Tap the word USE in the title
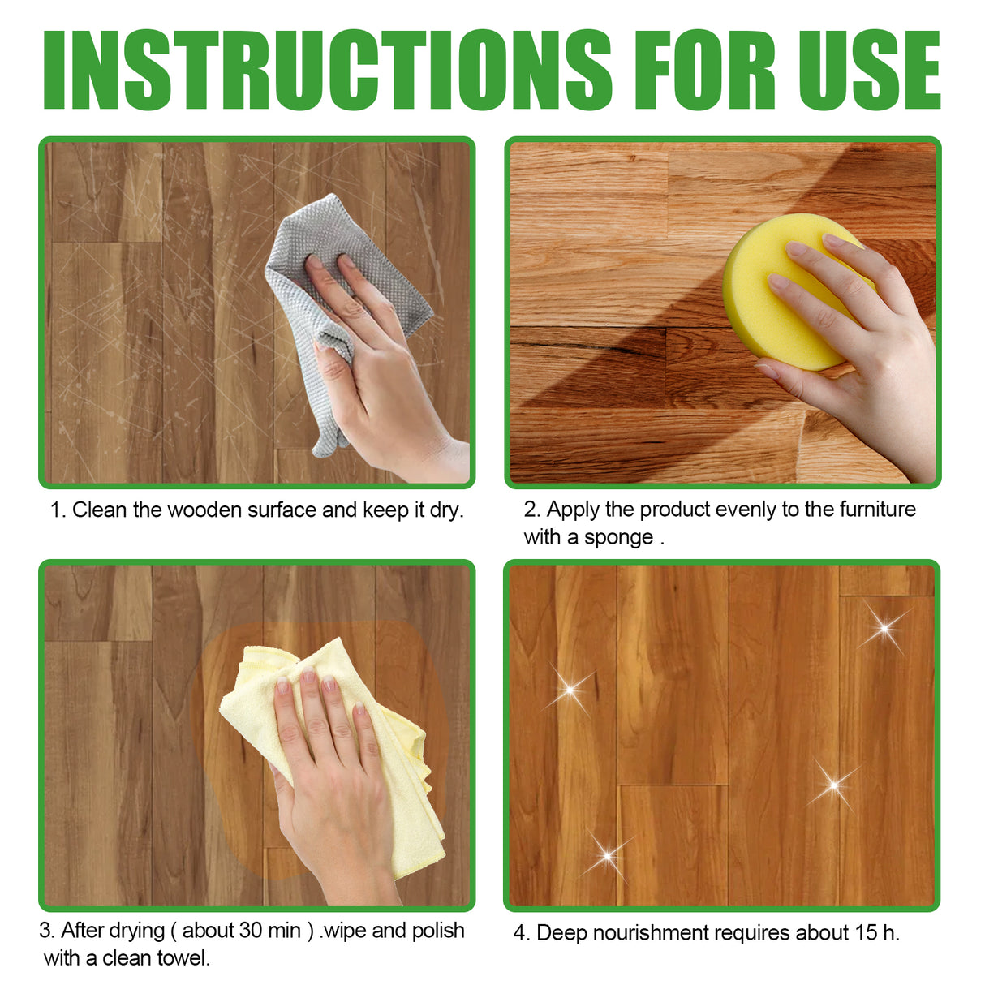[868, 71]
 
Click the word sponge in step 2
[620, 538]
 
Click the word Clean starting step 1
[100, 510]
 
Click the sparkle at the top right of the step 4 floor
[884, 628]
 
